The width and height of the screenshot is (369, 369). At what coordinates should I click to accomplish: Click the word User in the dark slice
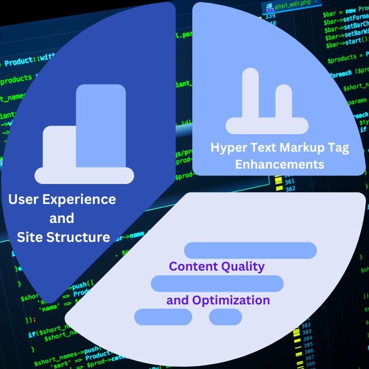click(x=24, y=199)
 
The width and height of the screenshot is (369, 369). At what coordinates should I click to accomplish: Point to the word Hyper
click(x=228, y=148)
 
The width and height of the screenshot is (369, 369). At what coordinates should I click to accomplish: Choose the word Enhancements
click(x=279, y=165)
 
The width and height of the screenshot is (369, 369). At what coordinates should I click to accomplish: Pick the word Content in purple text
click(x=193, y=266)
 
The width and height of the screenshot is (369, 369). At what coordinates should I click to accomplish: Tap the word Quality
click(x=243, y=266)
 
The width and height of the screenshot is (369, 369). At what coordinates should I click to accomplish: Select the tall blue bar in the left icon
click(x=101, y=126)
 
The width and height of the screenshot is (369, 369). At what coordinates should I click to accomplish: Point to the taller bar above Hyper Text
click(x=250, y=95)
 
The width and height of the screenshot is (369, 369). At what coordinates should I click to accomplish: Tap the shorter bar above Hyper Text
click(x=283, y=102)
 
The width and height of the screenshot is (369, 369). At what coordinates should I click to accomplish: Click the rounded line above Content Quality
click(x=250, y=250)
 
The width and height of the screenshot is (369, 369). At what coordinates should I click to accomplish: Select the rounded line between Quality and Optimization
click(x=217, y=283)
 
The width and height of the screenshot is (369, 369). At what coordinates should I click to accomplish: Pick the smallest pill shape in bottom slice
click(x=225, y=317)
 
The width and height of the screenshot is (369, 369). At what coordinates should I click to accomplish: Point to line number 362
click(x=290, y=189)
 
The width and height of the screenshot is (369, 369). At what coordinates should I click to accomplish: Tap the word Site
click(x=29, y=237)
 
